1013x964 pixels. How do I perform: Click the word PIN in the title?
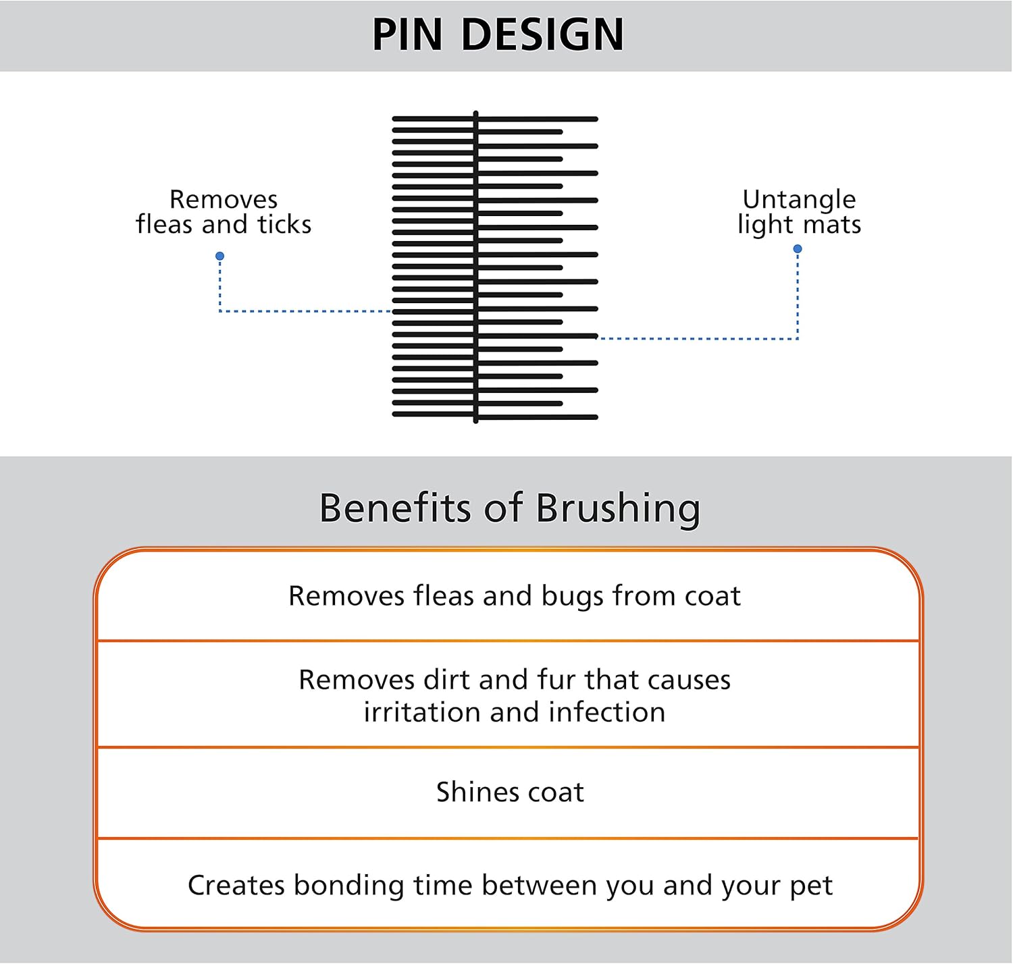point(407,35)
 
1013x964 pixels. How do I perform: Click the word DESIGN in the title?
point(542,35)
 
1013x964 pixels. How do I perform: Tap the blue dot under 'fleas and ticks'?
point(219,257)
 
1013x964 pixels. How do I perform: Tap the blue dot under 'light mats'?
point(798,249)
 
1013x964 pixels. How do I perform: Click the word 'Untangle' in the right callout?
point(799,199)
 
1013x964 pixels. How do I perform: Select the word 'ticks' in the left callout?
point(284,224)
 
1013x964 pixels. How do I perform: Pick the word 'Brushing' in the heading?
point(618,509)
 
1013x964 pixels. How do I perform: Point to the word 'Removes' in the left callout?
point(224,199)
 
